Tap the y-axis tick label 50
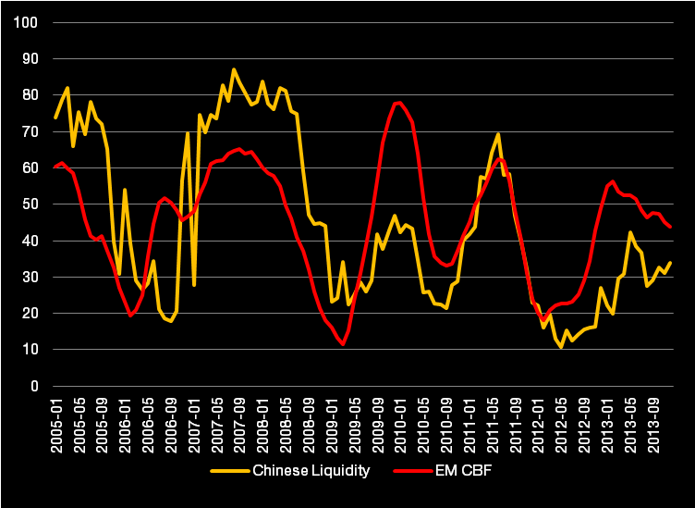[30, 204]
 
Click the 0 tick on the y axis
[33, 387]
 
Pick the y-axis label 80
[30, 95]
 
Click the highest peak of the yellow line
[234, 69]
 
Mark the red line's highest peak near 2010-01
[398, 102]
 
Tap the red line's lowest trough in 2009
[343, 344]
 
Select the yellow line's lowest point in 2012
[561, 347]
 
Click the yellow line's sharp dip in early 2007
[194, 285]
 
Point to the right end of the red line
[670, 227]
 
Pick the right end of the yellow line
[670, 263]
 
